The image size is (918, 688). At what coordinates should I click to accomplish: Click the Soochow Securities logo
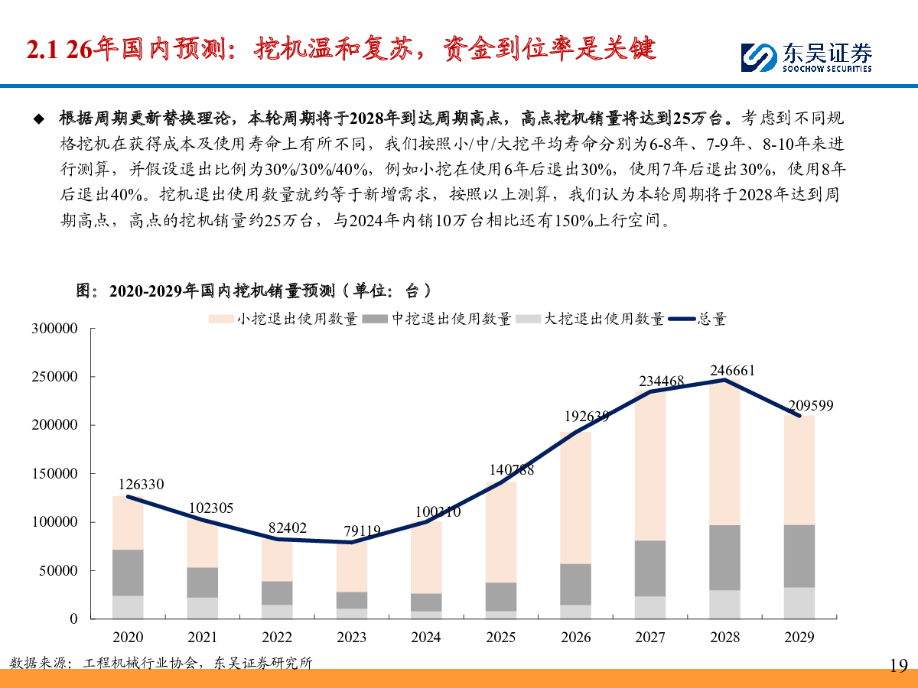806,56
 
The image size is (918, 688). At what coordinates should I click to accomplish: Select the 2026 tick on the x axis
575,637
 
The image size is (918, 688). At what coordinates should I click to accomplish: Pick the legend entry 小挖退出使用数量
283,319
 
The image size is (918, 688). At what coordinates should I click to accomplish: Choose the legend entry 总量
697,319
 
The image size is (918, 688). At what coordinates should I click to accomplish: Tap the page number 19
898,665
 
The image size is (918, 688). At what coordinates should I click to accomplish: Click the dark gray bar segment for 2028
724,557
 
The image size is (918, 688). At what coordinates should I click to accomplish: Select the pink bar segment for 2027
650,466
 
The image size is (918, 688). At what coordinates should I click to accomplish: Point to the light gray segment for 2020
128,607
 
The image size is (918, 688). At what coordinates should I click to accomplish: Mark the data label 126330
141,485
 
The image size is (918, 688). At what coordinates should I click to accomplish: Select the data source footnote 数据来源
161,663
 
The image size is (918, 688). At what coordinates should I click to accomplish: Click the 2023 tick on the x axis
351,637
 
